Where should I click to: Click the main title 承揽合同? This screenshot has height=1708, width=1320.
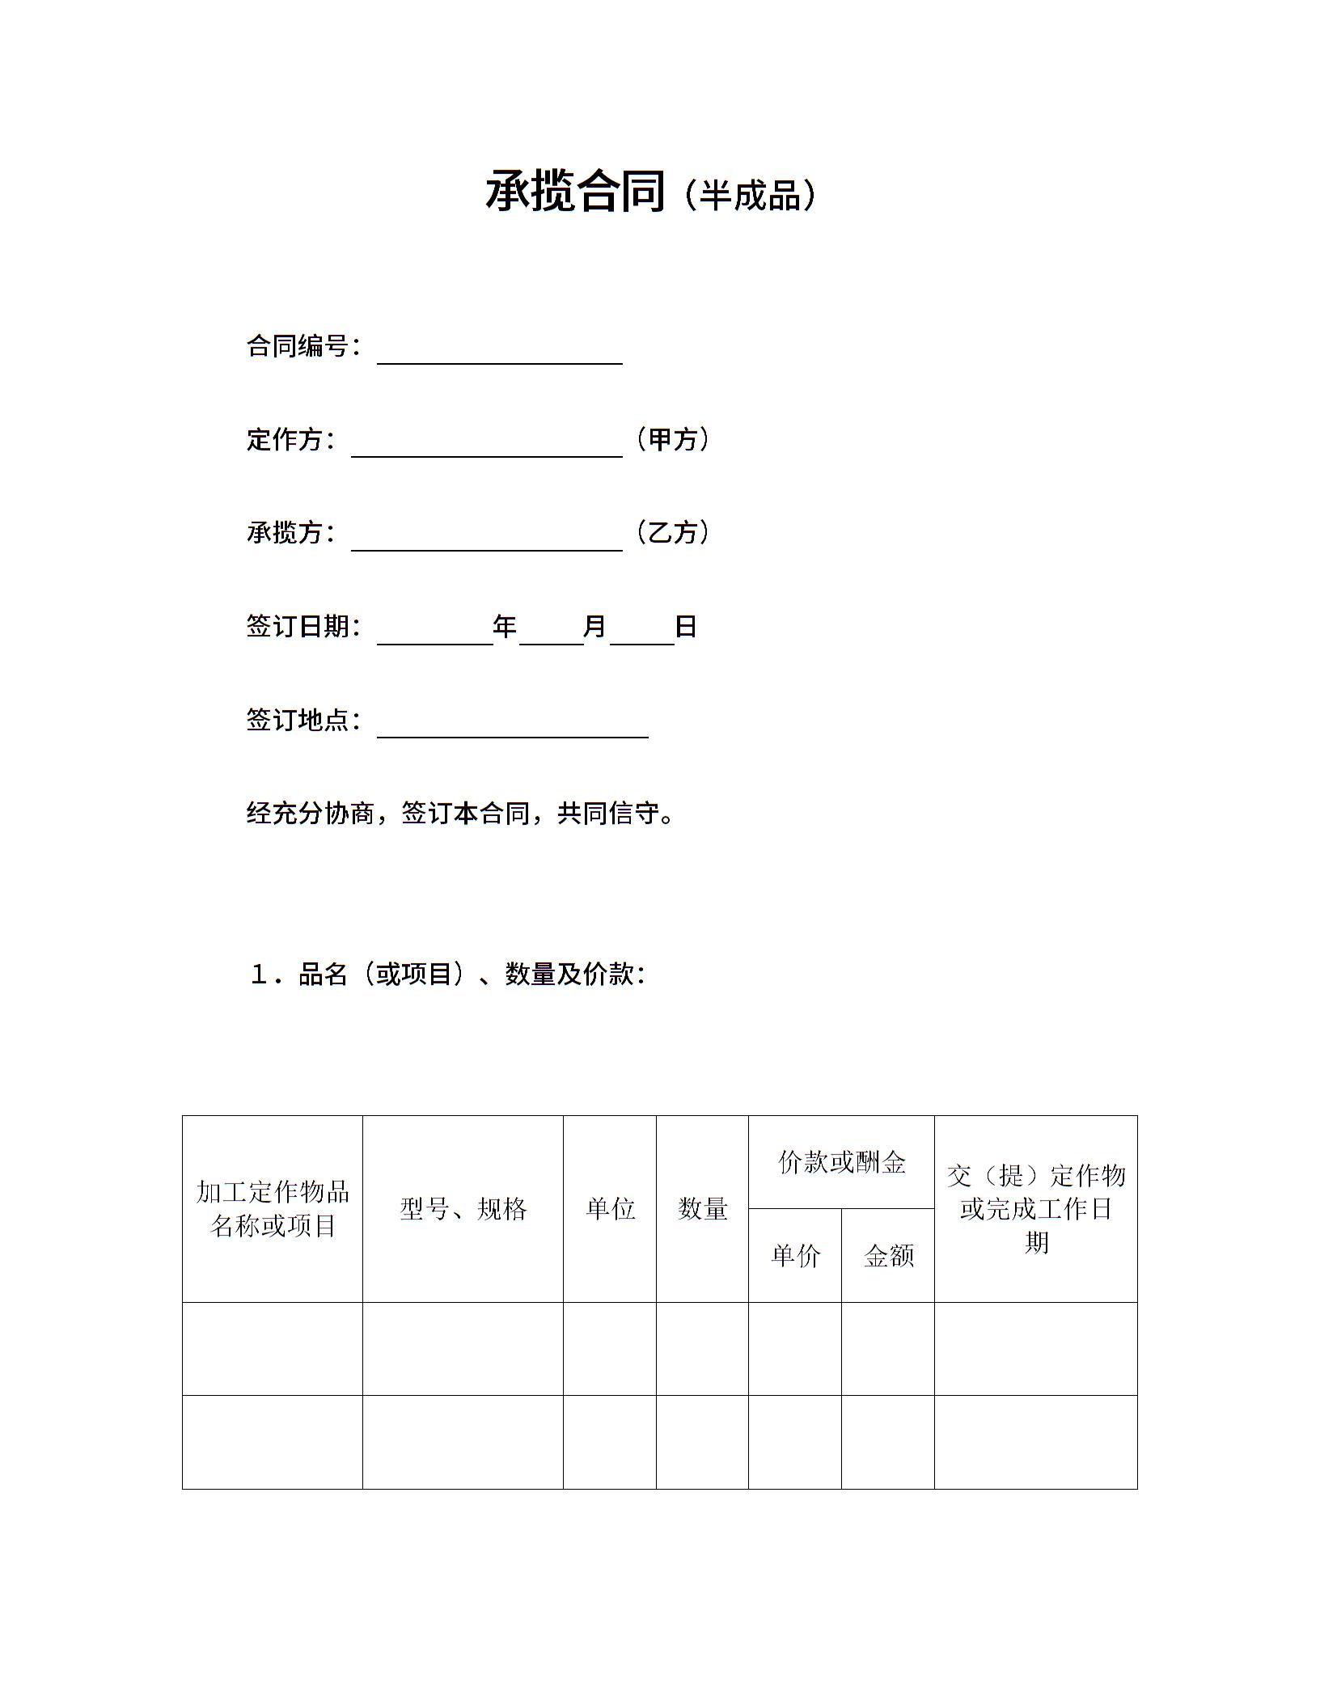point(575,192)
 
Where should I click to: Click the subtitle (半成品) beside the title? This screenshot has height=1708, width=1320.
point(750,195)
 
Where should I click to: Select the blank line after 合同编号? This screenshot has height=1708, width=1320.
point(499,353)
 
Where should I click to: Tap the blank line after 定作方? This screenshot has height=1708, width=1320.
point(486,446)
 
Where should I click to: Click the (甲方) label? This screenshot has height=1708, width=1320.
point(673,440)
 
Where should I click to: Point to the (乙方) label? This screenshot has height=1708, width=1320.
point(673,533)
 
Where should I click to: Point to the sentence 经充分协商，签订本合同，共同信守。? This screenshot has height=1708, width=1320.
point(460,813)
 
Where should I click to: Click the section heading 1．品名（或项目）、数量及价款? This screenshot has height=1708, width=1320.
point(447,974)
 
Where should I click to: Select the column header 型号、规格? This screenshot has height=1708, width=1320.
point(463,1209)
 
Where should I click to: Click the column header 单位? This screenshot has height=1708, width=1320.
point(610,1209)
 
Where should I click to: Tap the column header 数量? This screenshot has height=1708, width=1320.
point(702,1209)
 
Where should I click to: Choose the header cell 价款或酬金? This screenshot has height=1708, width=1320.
point(841,1163)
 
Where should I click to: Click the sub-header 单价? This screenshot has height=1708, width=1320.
point(795,1255)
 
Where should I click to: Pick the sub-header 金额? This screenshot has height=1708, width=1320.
point(888,1255)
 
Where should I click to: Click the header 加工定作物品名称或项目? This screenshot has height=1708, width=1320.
point(273,1209)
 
